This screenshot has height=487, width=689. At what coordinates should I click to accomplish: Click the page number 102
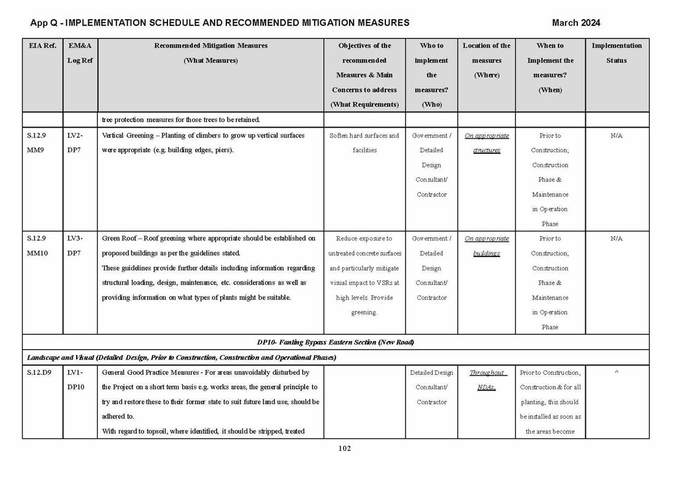344,448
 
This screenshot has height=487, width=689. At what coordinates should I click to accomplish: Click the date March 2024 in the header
575,23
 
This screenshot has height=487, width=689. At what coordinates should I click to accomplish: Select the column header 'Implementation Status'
616,53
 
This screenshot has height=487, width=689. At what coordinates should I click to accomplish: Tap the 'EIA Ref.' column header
42,45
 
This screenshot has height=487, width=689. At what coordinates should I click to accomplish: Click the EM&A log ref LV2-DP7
75,143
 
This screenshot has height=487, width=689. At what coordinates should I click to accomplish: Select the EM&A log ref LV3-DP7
75,245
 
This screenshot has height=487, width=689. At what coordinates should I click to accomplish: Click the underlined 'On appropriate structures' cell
487,143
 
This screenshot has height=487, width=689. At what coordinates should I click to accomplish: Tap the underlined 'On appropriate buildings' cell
487,245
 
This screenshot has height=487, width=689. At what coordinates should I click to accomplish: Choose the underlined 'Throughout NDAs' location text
487,380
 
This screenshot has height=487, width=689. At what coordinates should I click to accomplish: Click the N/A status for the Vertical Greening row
616,136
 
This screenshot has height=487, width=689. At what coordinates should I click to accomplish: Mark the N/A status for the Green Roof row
616,239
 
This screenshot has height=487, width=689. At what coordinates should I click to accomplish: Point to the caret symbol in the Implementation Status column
616,372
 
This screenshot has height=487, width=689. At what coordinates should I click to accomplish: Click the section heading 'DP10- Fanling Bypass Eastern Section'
335,342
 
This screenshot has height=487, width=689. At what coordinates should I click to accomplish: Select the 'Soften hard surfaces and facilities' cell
364,143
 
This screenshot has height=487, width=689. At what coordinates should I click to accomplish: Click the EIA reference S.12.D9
39,372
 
